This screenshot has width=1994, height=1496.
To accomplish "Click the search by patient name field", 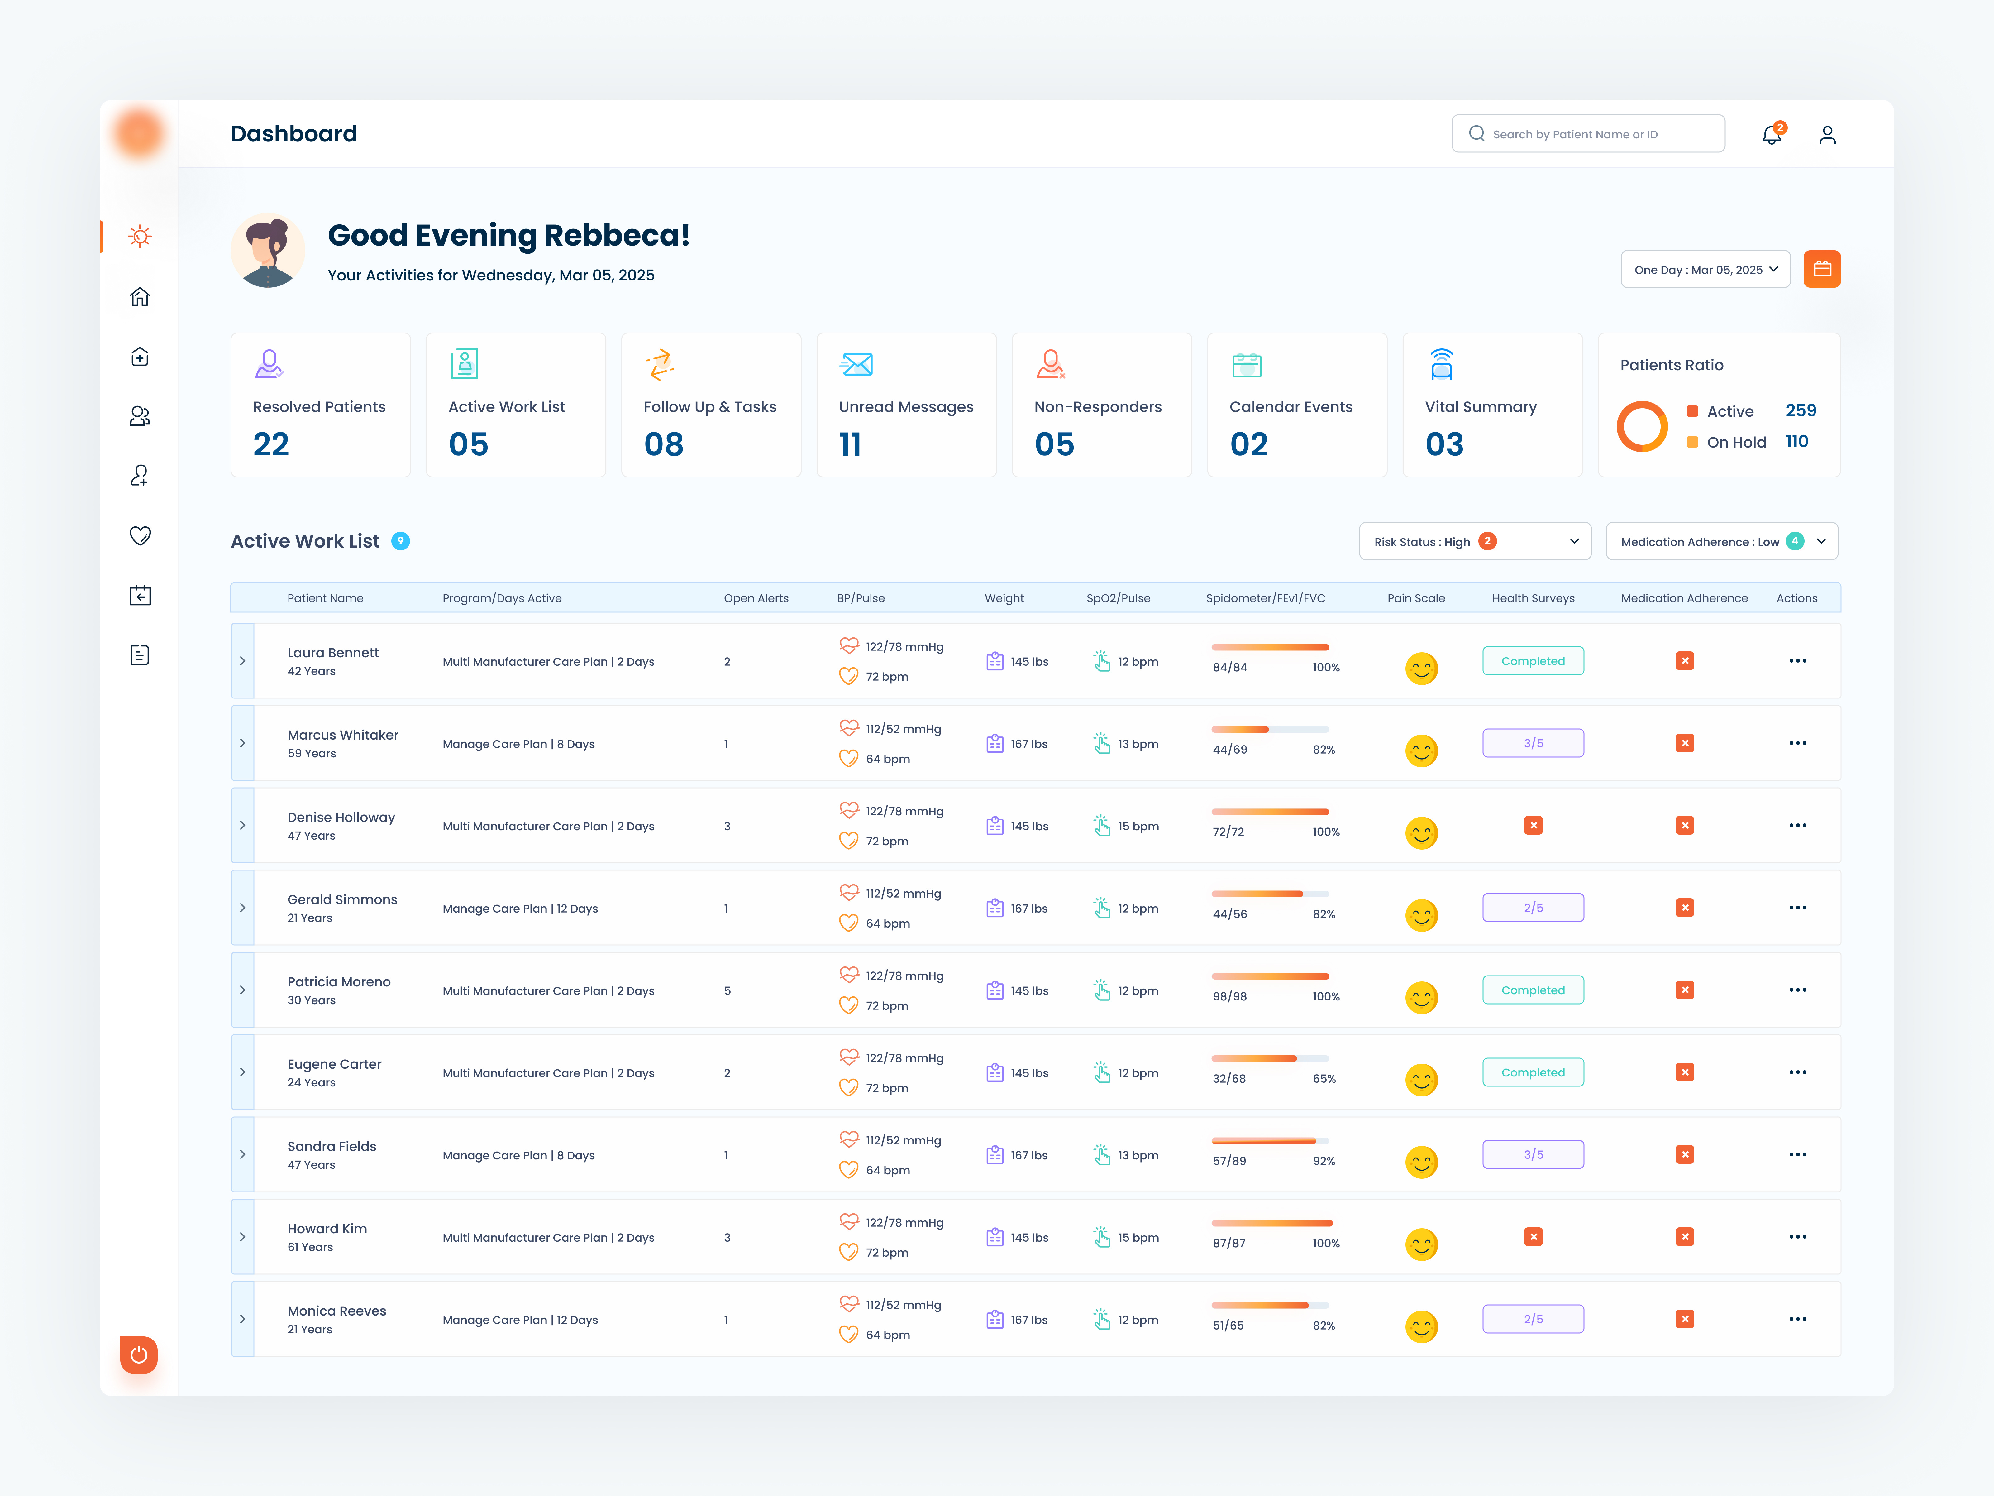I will click(1588, 134).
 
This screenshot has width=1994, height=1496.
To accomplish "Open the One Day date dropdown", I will click(1705, 270).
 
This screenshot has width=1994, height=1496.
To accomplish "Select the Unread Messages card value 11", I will click(850, 444).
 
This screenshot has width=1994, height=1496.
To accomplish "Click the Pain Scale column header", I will click(1415, 598).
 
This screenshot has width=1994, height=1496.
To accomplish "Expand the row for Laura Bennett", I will click(242, 661).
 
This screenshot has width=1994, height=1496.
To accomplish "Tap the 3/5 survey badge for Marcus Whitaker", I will click(1533, 743).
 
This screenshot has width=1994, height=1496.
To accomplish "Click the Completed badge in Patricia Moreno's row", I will click(1533, 990).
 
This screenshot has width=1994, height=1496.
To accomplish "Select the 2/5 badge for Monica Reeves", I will click(1533, 1319).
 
